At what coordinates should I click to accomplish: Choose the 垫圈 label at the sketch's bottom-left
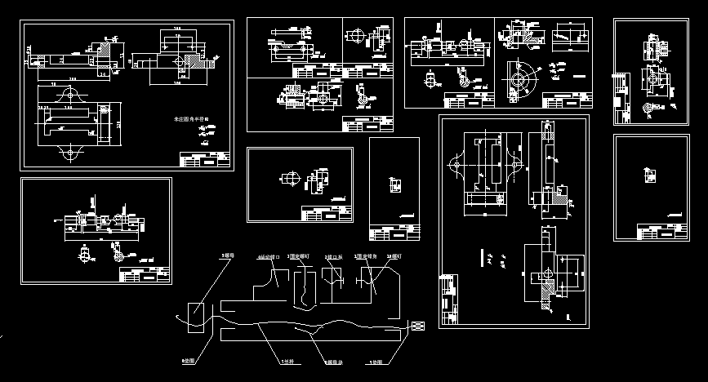188,360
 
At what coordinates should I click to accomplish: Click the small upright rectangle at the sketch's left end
196,315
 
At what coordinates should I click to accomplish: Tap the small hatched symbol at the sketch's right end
416,326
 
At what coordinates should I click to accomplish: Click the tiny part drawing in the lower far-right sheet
650,174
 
